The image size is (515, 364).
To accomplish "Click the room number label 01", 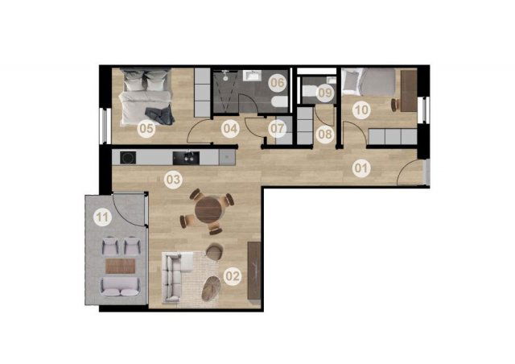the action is [x=361, y=168].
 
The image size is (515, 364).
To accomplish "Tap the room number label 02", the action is [x=233, y=276].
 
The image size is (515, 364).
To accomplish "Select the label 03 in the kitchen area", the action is [x=174, y=180].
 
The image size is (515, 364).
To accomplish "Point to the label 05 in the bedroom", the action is [x=146, y=128].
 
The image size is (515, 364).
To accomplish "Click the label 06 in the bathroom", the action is [x=278, y=82].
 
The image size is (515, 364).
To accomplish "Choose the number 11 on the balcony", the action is [x=102, y=217].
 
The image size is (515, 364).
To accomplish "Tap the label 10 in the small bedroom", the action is [x=362, y=110].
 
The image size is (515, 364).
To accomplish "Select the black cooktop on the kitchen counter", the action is [x=128, y=158].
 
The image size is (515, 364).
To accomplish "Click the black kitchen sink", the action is [x=186, y=158].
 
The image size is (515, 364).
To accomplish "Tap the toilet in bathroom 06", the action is [x=280, y=102].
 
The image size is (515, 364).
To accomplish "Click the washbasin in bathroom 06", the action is [x=252, y=76].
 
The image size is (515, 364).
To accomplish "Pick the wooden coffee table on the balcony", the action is [x=121, y=266].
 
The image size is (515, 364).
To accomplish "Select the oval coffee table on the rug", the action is [x=211, y=288].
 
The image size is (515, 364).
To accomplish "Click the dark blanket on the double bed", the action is [x=159, y=115].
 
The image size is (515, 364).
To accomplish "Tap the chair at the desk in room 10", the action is [x=395, y=105].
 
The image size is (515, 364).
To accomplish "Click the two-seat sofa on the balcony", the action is [x=120, y=287].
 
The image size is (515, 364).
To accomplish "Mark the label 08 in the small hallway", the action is [x=325, y=134].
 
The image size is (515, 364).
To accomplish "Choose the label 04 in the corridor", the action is [x=230, y=129].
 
